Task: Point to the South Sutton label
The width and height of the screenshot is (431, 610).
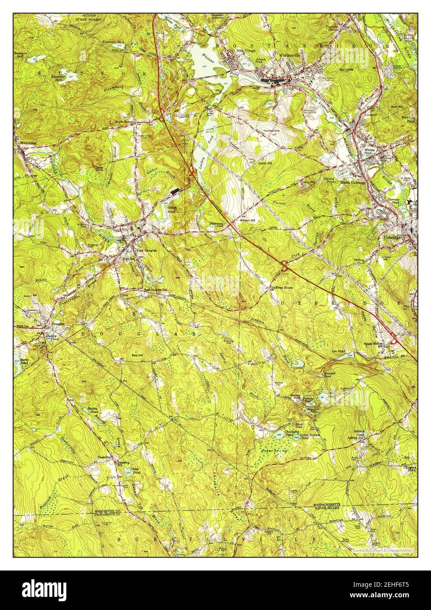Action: tap(124, 122)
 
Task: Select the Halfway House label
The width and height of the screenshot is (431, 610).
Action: tap(281, 288)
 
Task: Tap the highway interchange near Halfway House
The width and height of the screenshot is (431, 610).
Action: tap(284, 265)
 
